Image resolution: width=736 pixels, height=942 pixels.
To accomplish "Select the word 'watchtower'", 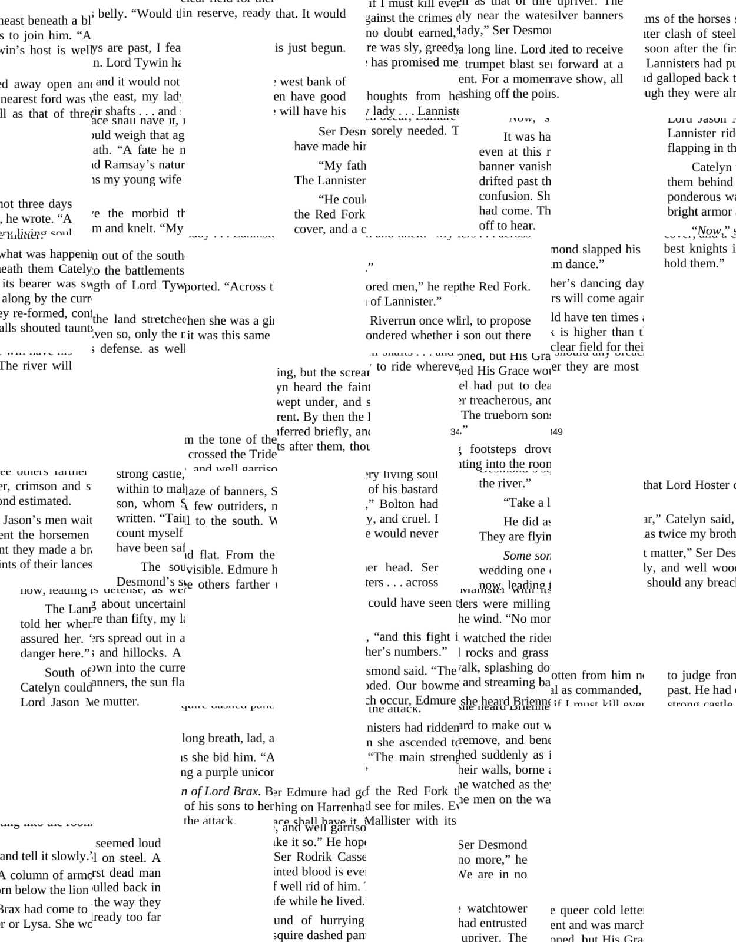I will [x=497, y=908].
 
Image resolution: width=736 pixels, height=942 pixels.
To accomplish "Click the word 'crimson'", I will [x=35, y=486].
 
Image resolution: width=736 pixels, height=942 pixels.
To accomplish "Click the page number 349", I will [x=556, y=432].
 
